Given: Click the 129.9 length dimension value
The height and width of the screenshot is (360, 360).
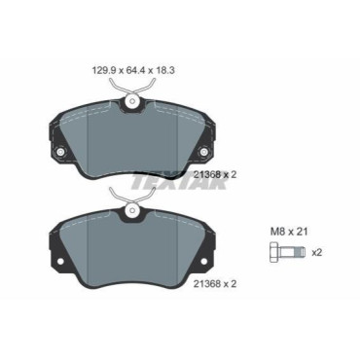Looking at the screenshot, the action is tap(102, 70).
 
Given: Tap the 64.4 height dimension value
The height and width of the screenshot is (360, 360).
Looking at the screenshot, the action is tap(133, 70).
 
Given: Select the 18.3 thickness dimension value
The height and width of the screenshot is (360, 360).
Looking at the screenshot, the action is tap(164, 70).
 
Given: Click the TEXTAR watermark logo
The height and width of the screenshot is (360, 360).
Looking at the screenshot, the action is tap(178, 182).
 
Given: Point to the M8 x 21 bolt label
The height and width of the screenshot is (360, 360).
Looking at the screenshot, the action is tap(289, 232).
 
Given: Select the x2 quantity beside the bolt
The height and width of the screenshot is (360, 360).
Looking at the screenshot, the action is tap(316, 252).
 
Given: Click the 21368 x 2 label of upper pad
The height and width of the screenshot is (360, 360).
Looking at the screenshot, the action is tap(215, 175).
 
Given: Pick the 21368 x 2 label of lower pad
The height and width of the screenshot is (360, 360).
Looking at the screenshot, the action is tap(215, 284).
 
